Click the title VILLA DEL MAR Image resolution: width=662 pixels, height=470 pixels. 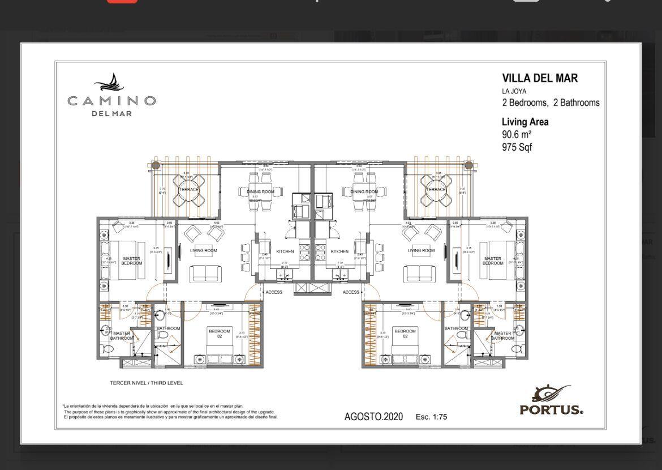pos(540,79)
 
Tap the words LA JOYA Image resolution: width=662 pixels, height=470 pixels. pos(514,91)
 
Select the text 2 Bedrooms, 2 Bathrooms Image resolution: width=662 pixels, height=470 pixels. pos(551,103)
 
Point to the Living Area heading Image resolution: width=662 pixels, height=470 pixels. pos(525,122)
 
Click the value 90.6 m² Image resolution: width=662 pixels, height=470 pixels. pos(517,135)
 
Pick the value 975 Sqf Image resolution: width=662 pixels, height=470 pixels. pos(517,147)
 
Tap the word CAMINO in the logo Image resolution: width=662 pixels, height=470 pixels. pos(111,101)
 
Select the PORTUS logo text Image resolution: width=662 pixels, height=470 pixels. pos(551,409)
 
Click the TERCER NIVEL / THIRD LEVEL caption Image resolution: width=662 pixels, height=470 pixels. pos(147,383)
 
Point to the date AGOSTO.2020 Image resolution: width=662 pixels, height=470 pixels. pos(373,417)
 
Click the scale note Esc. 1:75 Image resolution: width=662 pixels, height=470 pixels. pos(431,417)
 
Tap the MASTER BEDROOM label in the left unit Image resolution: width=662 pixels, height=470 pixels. pos(132,261)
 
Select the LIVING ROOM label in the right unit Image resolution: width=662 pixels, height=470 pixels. pos(421,250)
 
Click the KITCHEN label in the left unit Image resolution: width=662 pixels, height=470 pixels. pos(285,251)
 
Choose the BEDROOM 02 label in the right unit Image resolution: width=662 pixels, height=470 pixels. pos(405,334)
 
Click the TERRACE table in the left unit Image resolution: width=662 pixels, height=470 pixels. pos(190,190)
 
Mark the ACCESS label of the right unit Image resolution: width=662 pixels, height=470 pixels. pos(351,292)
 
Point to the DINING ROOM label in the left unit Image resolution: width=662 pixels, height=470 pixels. pos(260,192)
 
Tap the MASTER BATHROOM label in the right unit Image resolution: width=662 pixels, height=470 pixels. pos(502,336)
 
